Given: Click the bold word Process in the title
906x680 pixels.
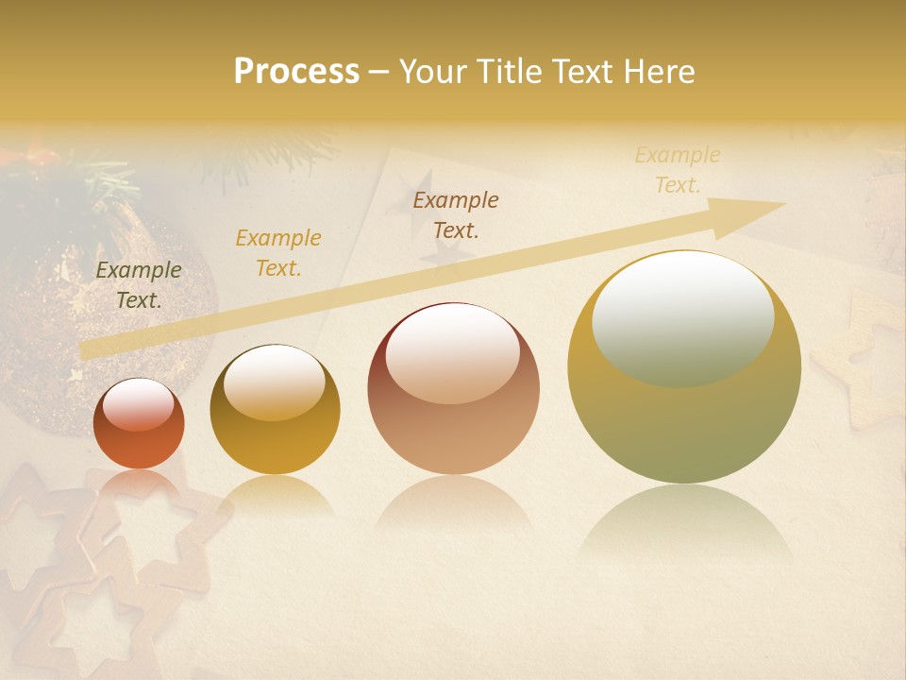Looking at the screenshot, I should tap(296, 72).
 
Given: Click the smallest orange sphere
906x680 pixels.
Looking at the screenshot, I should tap(139, 424).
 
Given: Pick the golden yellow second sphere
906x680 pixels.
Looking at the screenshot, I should tap(275, 410).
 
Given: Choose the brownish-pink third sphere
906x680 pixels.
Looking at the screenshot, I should tap(453, 389).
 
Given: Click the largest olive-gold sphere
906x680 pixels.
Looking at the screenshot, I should tap(684, 367).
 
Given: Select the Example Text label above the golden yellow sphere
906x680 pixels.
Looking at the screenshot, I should tap(277, 253).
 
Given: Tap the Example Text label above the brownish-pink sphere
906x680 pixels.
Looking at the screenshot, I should tap(456, 215).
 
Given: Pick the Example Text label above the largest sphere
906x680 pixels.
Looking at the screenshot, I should tap(677, 170).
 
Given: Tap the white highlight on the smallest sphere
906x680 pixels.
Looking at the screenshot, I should tap(138, 405).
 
